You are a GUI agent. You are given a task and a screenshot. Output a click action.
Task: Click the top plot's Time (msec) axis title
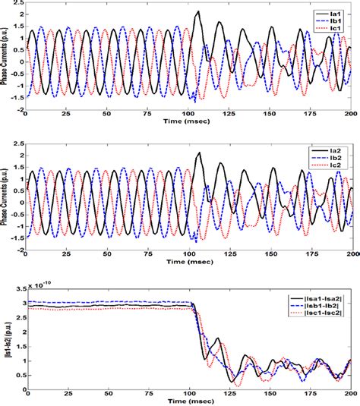click(188, 121)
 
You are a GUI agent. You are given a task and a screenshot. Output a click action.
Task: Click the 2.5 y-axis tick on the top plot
click(17, 4)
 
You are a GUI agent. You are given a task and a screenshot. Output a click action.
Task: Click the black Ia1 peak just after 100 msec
click(199, 12)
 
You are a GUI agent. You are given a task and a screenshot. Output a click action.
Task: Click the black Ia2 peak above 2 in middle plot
click(199, 153)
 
